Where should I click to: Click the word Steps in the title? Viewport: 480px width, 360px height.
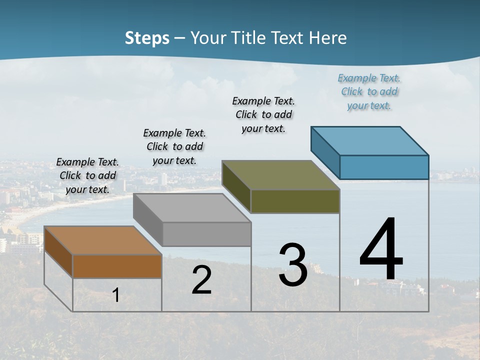[x=147, y=38]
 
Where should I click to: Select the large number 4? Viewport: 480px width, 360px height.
[x=381, y=250]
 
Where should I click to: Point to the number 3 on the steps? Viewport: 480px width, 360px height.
[x=293, y=265]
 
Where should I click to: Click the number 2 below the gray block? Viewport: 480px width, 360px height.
[x=201, y=280]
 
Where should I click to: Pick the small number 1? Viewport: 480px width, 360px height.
[x=116, y=295]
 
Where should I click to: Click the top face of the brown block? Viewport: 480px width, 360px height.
[x=102, y=240]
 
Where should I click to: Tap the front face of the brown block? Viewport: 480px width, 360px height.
[x=117, y=266]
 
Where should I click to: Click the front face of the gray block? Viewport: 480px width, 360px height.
[x=206, y=234]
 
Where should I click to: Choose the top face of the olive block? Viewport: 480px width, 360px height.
[x=280, y=175]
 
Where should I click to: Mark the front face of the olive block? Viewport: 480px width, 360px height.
[x=295, y=201]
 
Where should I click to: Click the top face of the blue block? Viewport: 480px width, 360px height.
[x=369, y=140]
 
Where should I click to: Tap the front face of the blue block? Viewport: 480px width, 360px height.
[x=384, y=167]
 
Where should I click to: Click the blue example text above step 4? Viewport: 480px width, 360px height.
[x=369, y=92]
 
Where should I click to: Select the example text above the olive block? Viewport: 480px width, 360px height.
[x=263, y=114]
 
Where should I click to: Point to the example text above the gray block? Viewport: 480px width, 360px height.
[x=174, y=146]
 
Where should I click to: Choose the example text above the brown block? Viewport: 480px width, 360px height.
[x=87, y=175]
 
